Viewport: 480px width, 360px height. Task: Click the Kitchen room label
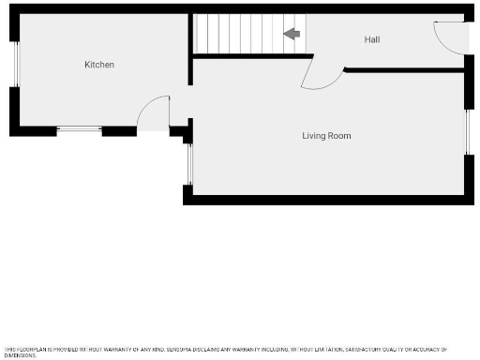tap(99, 65)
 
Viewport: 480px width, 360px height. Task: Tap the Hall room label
tap(372, 39)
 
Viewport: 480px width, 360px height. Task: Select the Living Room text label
tap(326, 136)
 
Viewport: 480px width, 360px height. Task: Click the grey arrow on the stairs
tap(292, 35)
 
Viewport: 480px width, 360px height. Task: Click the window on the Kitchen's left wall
tap(15, 65)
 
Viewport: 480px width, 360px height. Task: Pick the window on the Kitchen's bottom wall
tap(79, 128)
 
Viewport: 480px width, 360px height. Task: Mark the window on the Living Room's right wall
tap(467, 132)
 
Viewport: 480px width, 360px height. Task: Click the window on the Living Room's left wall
tap(188, 163)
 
